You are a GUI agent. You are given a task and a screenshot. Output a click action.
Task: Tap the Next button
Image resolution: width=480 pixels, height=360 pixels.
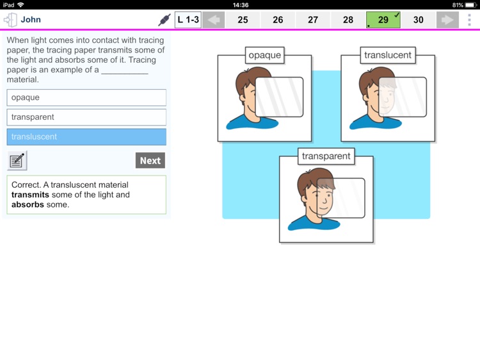tap(150, 160)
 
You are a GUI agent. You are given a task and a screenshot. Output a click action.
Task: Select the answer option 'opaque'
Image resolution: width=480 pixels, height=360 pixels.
tap(86, 97)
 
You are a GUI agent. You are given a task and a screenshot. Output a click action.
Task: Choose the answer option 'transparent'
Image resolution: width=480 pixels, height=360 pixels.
tap(86, 117)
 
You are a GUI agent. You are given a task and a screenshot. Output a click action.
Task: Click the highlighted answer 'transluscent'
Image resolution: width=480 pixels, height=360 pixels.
tap(86, 136)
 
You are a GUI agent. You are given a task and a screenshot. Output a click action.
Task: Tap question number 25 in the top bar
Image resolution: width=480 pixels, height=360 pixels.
tap(243, 20)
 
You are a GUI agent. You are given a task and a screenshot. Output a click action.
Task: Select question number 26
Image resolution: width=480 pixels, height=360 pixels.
tap(278, 20)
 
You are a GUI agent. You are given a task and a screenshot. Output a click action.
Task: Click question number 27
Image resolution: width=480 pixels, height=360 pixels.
tap(313, 20)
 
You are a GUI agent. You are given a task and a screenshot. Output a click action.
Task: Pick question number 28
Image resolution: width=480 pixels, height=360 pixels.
tap(348, 20)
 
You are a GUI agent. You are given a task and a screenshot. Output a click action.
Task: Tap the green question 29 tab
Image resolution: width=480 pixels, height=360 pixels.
tap(383, 20)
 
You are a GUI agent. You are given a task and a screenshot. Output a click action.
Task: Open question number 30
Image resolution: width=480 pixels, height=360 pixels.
tap(419, 20)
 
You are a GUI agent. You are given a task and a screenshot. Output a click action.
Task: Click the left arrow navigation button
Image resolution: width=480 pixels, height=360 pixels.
tap(214, 20)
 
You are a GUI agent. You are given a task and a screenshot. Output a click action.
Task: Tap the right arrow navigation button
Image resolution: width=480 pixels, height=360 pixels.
tap(447, 20)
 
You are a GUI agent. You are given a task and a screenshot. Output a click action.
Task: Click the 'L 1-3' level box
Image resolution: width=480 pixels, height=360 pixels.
tap(188, 20)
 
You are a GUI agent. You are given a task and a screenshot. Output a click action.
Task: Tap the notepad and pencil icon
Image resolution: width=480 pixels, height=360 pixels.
tap(17, 160)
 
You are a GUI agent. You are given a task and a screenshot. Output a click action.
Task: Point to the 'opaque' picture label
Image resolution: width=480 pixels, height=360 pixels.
tap(265, 55)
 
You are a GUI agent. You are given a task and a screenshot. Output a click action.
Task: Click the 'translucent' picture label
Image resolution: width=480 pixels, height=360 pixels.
tap(388, 55)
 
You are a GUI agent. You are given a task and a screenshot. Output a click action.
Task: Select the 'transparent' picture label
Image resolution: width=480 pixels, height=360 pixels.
tap(326, 156)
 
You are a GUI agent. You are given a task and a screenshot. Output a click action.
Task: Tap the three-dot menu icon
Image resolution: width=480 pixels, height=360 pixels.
tap(469, 20)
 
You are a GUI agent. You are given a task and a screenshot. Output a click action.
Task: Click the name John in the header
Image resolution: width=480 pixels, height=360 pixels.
tap(31, 20)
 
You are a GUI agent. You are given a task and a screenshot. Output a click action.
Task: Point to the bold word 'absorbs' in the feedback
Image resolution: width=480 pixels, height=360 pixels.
tap(28, 205)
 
